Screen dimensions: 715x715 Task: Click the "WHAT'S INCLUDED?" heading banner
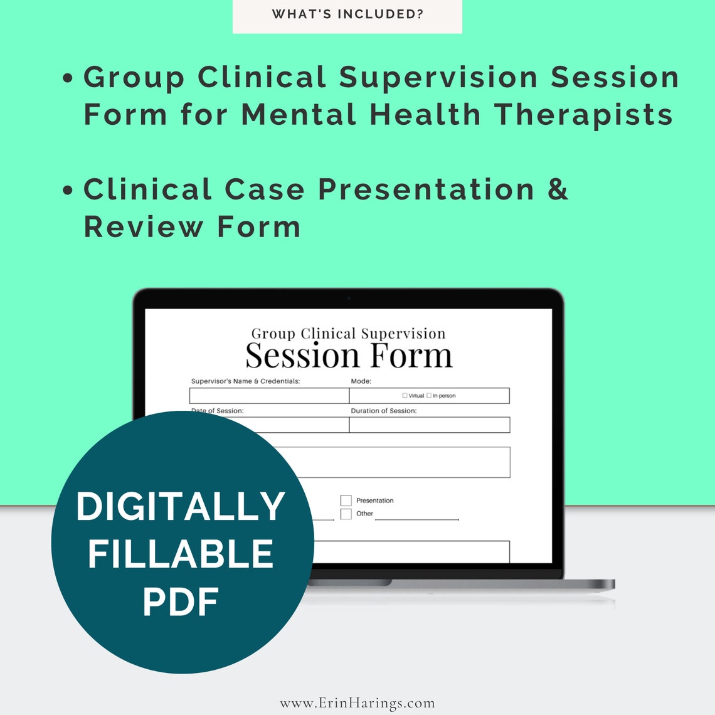pyautogui.click(x=347, y=14)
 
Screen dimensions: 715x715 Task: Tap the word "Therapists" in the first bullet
pyautogui.click(x=583, y=115)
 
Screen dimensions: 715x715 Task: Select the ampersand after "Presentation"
pyautogui.click(x=558, y=189)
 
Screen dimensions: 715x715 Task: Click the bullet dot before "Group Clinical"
pyautogui.click(x=68, y=79)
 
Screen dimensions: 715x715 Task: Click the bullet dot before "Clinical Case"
pyautogui.click(x=68, y=191)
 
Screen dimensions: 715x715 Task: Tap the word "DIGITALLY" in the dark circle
pyautogui.click(x=181, y=506)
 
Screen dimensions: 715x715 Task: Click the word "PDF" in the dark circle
pyautogui.click(x=181, y=602)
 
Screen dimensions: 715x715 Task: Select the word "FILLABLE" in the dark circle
pyautogui.click(x=181, y=554)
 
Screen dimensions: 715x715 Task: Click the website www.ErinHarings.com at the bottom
pyautogui.click(x=357, y=703)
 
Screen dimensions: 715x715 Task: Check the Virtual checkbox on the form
pyautogui.click(x=405, y=396)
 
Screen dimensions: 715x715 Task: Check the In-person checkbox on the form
pyautogui.click(x=429, y=396)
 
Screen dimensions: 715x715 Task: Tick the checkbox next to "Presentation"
pyautogui.click(x=346, y=500)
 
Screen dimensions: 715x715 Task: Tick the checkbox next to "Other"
pyautogui.click(x=346, y=514)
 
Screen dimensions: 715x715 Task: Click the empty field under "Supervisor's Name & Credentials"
pyautogui.click(x=269, y=396)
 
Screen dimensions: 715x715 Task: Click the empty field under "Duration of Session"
pyautogui.click(x=429, y=425)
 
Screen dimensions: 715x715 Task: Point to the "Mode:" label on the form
pyautogui.click(x=361, y=381)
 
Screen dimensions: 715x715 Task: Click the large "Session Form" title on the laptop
pyautogui.click(x=349, y=356)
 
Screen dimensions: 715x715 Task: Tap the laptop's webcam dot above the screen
pyautogui.click(x=349, y=299)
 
